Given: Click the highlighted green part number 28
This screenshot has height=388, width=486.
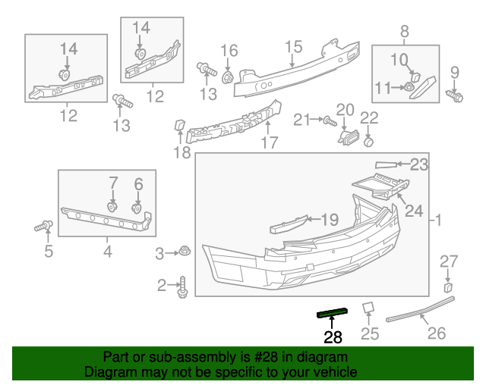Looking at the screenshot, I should click(x=332, y=311).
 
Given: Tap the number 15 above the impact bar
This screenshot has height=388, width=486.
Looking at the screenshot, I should click(x=294, y=48).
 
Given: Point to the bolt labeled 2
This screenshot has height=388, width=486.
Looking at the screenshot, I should click(x=182, y=286).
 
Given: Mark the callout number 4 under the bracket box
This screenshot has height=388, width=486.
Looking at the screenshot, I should click(x=106, y=251).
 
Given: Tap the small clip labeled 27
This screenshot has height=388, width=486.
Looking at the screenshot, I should click(x=448, y=287).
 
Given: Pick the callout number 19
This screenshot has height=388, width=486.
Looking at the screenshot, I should click(x=329, y=221).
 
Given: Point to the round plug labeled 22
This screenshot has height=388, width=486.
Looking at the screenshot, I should click(x=368, y=140).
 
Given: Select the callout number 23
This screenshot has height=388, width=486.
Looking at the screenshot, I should click(x=419, y=164).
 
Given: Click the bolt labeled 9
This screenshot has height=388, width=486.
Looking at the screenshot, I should click(x=457, y=97).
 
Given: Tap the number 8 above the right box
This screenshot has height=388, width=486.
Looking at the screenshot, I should click(x=405, y=31).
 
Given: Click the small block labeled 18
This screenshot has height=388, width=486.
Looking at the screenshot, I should click(x=181, y=126).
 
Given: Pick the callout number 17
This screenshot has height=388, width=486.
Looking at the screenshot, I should click(x=269, y=142).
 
